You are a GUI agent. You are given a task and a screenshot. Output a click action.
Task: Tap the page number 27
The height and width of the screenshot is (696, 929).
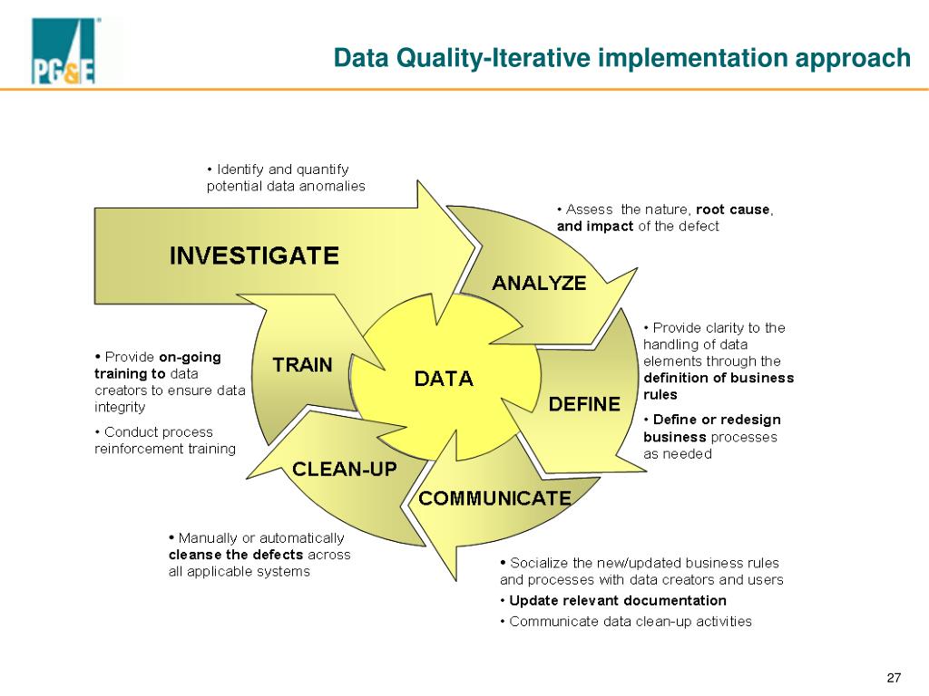click(x=894, y=679)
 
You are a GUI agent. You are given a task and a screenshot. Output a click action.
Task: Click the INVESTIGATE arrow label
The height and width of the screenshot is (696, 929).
click(x=254, y=256)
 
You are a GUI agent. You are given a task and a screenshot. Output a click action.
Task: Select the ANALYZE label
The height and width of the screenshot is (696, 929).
click(x=539, y=283)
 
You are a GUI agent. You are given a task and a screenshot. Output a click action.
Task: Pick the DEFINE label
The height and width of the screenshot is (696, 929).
click(x=584, y=403)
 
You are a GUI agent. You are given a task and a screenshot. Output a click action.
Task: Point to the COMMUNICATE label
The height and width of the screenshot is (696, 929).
click(x=494, y=498)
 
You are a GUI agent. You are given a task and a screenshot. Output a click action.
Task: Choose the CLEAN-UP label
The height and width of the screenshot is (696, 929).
click(x=344, y=469)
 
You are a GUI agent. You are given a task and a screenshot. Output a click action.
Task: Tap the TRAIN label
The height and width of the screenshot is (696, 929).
click(x=303, y=365)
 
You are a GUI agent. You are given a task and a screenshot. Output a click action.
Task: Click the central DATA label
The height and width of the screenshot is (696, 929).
click(x=444, y=379)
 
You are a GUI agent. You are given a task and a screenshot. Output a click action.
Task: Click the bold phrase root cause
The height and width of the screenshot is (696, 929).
click(x=733, y=209)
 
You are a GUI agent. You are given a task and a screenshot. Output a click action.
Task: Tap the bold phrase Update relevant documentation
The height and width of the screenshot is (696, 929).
click(x=618, y=600)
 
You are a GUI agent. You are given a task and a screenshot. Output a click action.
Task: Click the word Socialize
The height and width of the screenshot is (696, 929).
click(x=537, y=563)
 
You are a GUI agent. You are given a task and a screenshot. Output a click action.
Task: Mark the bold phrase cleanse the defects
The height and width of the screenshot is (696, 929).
click(x=236, y=554)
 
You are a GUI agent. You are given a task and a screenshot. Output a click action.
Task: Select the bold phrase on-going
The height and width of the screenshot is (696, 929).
click(x=190, y=356)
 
